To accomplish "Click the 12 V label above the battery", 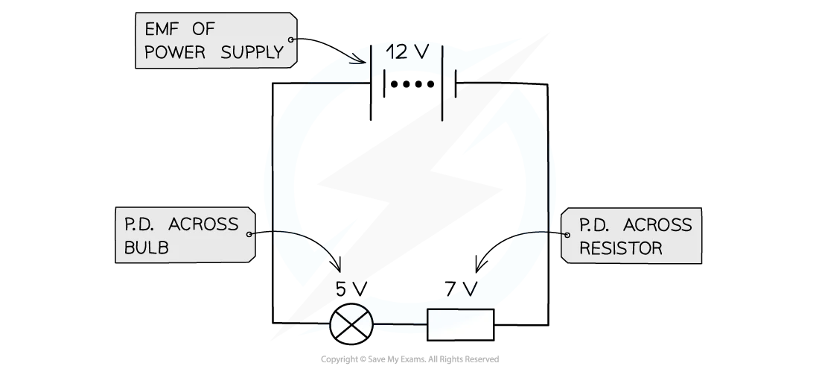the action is click(x=407, y=51).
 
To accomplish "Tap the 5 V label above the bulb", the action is click(x=351, y=289).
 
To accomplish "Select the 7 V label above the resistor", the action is click(x=462, y=289).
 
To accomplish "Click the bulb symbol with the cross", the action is click(x=351, y=324).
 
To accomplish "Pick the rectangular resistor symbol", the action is click(x=460, y=324).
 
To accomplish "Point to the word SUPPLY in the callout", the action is click(x=252, y=52).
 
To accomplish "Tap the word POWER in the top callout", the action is click(x=174, y=52).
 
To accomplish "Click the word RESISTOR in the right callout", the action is click(x=620, y=248).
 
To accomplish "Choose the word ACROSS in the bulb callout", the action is click(x=203, y=224).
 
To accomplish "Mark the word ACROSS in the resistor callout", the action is click(x=657, y=225).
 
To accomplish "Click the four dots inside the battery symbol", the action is click(x=412, y=84).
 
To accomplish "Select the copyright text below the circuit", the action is click(x=409, y=359).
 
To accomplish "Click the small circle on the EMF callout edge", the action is click(x=291, y=40).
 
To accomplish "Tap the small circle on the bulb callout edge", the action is click(x=249, y=234).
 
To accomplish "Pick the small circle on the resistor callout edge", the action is click(x=568, y=235).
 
